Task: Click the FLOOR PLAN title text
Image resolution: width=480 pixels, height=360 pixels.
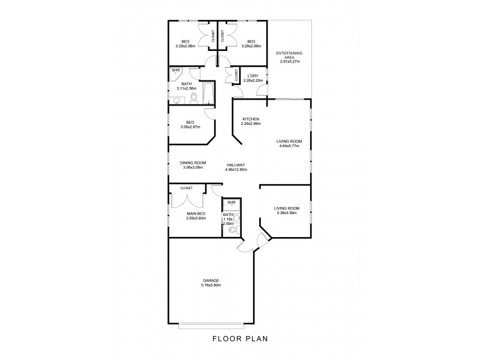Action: pos(239,338)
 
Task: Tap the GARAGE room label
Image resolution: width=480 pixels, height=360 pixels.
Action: pos(210,280)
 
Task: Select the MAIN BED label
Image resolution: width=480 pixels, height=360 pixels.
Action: pos(195,214)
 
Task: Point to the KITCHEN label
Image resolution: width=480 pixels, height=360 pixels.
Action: pos(250,119)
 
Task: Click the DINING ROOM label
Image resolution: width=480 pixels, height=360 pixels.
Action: pos(193,163)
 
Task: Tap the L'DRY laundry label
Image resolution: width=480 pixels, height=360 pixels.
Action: pos(253,76)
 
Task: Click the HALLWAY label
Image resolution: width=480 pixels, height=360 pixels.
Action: pos(235,165)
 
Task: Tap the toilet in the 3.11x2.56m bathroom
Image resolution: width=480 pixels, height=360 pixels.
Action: pos(193,98)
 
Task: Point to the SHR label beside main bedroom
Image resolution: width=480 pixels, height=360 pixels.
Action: pos(230,203)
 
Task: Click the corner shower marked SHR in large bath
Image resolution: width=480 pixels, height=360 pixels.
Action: pos(176,70)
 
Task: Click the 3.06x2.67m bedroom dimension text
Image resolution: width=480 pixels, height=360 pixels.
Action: pos(190,127)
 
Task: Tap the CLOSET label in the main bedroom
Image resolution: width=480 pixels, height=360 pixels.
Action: pos(186,188)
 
